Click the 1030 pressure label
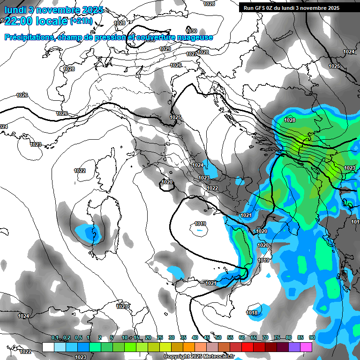191,31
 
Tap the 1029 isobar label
165,49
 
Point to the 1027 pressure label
191,54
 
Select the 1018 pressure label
252,313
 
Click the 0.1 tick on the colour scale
55,338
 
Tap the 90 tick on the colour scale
312,338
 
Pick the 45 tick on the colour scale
207,338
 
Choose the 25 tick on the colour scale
160,338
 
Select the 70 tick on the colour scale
265,338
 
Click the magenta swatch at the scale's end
306,347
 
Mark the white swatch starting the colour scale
48,347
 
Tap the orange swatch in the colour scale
189,347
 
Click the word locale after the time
52,22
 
